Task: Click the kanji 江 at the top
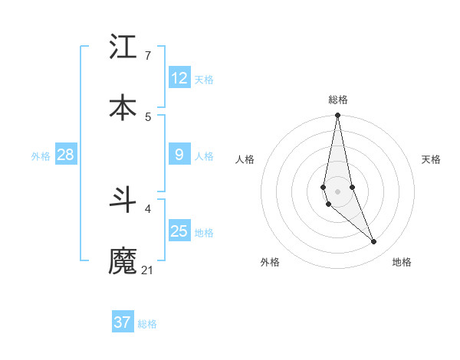click(123, 47)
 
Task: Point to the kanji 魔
click(123, 261)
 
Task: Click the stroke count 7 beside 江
click(147, 56)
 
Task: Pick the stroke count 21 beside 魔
click(147, 270)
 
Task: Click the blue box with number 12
click(179, 78)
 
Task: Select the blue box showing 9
click(179, 155)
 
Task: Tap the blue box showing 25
click(179, 231)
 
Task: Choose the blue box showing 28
click(66, 155)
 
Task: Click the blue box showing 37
click(123, 322)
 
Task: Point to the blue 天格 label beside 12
click(204, 80)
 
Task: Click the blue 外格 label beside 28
click(41, 156)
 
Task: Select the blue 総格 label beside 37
click(147, 324)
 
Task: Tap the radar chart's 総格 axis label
click(338, 100)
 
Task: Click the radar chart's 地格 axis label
click(402, 262)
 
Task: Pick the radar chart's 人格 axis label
click(245, 159)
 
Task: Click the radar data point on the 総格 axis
click(338, 116)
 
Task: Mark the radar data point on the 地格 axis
click(374, 242)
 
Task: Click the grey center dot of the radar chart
click(338, 191)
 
